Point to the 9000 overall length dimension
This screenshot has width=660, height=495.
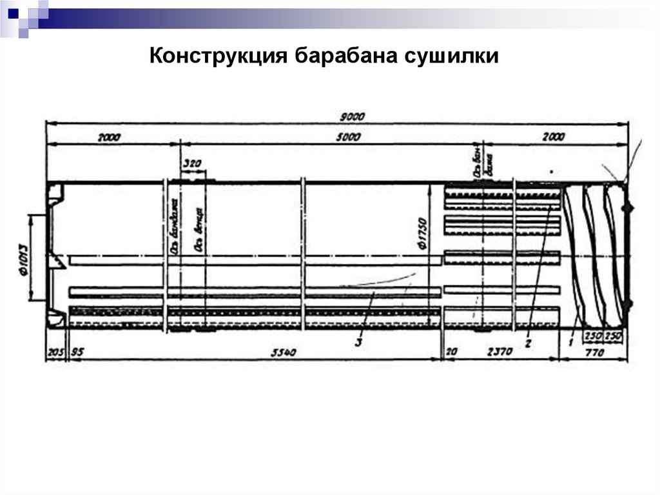(x=353, y=117)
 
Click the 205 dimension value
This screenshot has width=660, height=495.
(x=55, y=352)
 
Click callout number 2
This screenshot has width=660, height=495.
(x=527, y=343)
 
